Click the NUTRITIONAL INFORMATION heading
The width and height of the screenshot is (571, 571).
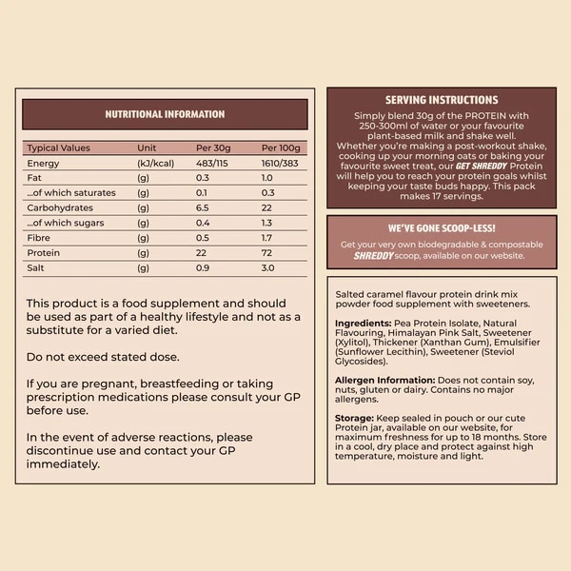[x=165, y=114]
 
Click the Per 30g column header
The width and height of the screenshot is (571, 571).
[x=213, y=148]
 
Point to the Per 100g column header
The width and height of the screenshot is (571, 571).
[x=281, y=148]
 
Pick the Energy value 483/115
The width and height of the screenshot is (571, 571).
[x=214, y=164]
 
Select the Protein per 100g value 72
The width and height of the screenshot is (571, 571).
[x=267, y=252]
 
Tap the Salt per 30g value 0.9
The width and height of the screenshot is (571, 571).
[x=203, y=267]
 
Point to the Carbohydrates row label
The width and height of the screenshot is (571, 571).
[x=58, y=207]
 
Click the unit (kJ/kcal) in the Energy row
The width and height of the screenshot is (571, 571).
[x=156, y=164]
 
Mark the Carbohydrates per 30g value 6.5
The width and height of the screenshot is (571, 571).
[x=203, y=207]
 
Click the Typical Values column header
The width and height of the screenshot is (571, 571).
[x=59, y=148]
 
